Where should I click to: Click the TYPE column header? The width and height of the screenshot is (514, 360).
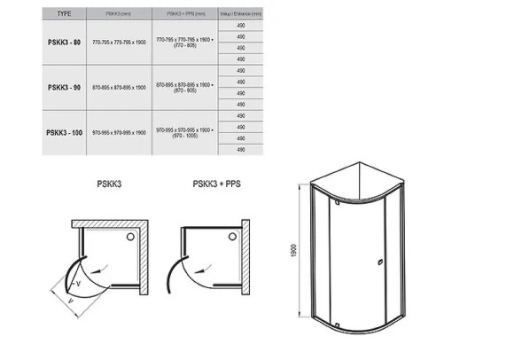(63, 13)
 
